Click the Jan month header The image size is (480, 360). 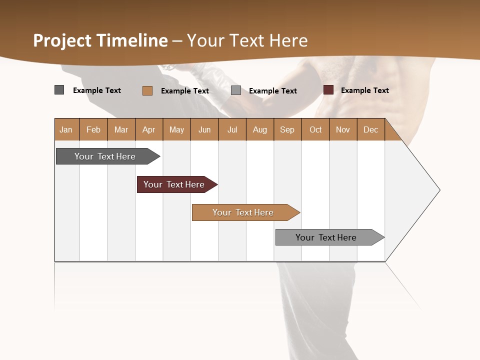point(66,129)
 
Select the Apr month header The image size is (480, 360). point(149,129)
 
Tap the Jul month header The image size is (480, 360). point(232,129)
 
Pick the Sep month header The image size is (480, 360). point(287,129)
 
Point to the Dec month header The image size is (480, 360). point(370,129)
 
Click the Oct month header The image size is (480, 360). point(315,129)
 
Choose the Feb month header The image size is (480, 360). point(93,129)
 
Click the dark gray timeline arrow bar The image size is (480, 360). point(105,156)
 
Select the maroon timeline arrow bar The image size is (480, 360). point(174,184)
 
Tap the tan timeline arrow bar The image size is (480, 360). point(243,212)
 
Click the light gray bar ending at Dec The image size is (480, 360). point(326,237)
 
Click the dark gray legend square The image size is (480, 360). point(59,90)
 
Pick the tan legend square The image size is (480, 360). point(147,90)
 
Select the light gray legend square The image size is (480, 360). point(236,90)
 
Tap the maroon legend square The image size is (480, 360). point(328,90)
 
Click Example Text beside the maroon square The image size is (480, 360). point(364,90)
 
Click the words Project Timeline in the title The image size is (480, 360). point(100,40)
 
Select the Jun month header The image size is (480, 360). point(204,129)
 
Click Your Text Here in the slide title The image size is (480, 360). point(247,40)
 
